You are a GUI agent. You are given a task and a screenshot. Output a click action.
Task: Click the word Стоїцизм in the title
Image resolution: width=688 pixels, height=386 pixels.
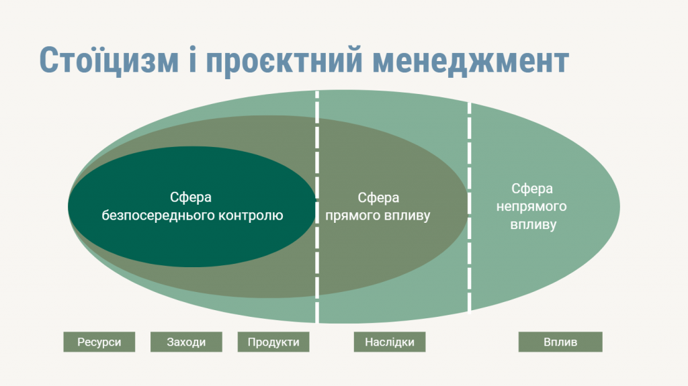coord(110,60)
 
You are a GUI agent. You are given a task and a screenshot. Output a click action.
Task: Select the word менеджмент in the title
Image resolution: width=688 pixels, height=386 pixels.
coord(471,61)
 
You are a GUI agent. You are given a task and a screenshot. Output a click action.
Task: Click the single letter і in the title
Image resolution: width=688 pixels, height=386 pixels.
coord(192,59)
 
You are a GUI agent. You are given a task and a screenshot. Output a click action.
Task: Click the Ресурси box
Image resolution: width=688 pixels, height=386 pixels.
coord(99,342)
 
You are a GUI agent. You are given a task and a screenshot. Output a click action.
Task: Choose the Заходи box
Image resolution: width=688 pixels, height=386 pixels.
coord(186,342)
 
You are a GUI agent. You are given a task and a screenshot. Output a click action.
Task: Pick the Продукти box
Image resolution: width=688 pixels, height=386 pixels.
coord(273,342)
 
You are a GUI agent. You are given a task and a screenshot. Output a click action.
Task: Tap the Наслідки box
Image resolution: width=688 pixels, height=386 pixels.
coord(390,342)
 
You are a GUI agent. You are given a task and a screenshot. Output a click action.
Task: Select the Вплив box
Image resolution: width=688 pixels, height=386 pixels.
coord(560,342)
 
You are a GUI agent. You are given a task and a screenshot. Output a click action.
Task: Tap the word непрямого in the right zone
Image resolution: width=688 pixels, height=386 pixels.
coord(531,207)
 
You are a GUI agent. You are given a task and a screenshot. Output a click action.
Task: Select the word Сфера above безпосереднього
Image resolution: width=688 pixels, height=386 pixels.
coord(191,198)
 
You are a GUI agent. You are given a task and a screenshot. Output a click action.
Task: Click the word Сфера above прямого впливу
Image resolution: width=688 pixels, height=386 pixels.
coord(378,198)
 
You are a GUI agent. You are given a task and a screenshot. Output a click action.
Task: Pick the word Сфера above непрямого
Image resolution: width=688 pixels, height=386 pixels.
coord(532,189)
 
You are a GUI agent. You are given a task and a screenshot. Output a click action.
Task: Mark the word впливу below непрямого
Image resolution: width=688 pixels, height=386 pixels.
coord(533,225)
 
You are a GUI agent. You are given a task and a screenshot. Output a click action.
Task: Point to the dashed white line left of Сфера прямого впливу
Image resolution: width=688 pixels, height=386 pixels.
coord(317,207)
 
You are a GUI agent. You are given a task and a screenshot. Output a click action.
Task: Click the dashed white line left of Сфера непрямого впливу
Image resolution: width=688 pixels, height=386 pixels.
coord(470,207)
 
